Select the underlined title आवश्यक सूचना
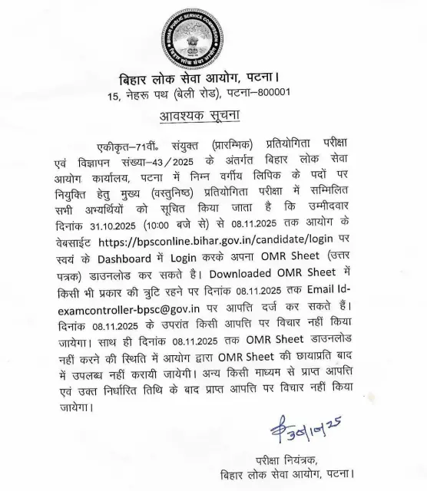(199, 117)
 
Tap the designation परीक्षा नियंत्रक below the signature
(287, 461)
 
